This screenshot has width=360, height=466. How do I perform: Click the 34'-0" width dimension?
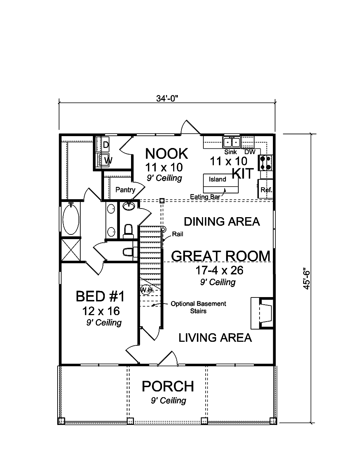(167, 98)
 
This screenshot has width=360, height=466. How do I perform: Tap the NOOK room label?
(166, 154)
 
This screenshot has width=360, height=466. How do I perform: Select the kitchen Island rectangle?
(221, 183)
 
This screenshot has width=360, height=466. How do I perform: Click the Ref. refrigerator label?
(266, 190)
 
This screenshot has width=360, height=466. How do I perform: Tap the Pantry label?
(125, 190)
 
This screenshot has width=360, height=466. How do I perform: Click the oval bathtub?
(71, 219)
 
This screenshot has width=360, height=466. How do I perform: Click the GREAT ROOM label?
(221, 256)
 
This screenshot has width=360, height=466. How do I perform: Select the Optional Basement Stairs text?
(198, 307)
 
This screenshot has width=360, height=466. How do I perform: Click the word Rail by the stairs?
(177, 234)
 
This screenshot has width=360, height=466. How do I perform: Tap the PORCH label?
(168, 386)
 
